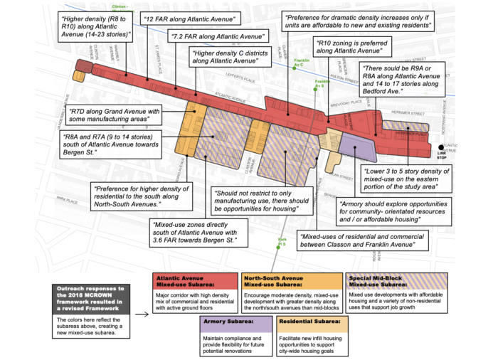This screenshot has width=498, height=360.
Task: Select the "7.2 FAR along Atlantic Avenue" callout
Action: point(218,36)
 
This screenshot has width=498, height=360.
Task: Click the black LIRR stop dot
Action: point(441,147)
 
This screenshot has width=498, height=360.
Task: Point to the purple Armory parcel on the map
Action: point(359,149)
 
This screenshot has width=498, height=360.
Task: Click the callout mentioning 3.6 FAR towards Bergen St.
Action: point(198,233)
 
